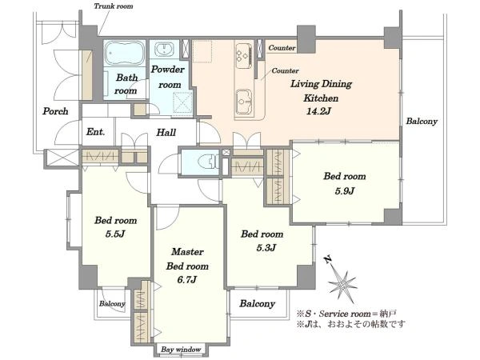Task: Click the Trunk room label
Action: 114,6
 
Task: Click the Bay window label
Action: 180,350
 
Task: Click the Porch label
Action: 55,111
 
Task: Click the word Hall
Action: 166,133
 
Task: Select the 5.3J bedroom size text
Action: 262,247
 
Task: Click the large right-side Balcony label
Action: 422,122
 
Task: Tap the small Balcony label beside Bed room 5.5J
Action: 112,304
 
